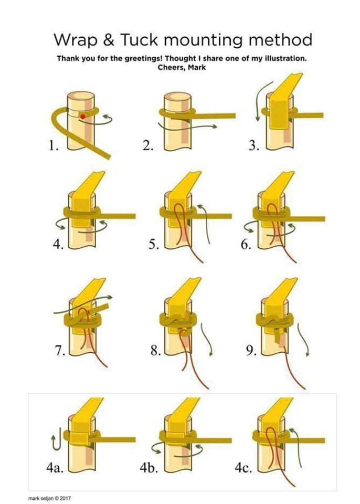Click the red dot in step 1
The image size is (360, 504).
[x=82, y=117]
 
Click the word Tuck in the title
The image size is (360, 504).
[x=139, y=40]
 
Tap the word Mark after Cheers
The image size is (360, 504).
[x=197, y=68]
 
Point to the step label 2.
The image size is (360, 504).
[x=148, y=146]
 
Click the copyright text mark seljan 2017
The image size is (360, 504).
[x=49, y=498]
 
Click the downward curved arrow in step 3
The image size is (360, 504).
[x=260, y=101]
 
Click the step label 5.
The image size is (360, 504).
[x=154, y=245]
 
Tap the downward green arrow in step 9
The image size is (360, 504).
[x=304, y=340]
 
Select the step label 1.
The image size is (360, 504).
[x=54, y=146]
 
